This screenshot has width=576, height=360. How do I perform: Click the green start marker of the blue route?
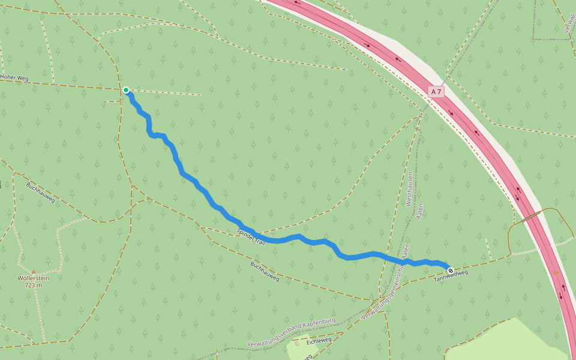pos(126,90)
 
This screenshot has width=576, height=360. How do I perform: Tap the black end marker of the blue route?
pos(451,271)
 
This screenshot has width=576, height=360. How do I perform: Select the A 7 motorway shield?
pos(436,92)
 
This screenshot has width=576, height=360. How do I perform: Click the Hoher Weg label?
pos(14,77)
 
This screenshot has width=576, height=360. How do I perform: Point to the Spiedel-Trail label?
pos(251,236)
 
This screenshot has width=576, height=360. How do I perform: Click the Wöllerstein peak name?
pos(34,278)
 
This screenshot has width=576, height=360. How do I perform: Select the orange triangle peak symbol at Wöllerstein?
pos(34,272)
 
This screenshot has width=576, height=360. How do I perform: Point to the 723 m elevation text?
pos(34,286)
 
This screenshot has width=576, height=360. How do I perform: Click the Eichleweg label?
pos(319,341)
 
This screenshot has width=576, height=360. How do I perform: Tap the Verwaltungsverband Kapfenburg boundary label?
pos(291,332)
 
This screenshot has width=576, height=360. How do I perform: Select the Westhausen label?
pos(410,189)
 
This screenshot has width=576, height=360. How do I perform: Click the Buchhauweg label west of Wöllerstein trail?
pos(40,192)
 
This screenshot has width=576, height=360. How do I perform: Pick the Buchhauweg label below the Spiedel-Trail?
pos(265,271)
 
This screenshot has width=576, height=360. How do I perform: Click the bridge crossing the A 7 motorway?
pos(532,217)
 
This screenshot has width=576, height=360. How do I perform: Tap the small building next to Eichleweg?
pos(296,343)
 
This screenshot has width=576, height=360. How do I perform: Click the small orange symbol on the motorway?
pos(556,274)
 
